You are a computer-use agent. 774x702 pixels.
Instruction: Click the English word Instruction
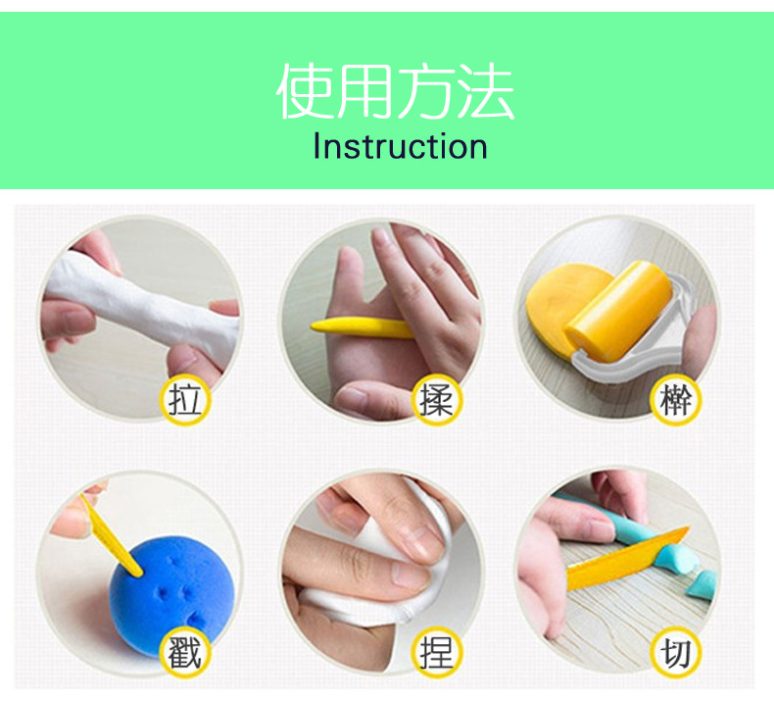coord(400,147)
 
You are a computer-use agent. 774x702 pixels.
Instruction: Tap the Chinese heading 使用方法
coord(395,92)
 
